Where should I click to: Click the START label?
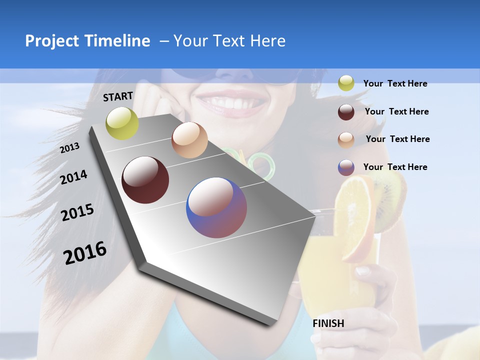[x=118, y=96]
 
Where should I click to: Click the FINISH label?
[x=328, y=323]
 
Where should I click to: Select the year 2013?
[x=69, y=148]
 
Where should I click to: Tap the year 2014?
[x=73, y=177]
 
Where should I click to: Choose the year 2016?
[x=85, y=253]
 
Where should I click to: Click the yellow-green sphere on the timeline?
[x=122, y=123]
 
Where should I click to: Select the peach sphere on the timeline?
[x=189, y=140]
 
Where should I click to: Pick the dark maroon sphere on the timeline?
[x=145, y=180]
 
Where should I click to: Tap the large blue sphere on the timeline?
[x=216, y=207]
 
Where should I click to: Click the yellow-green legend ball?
[x=346, y=83]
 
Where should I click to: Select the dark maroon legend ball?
[x=346, y=111]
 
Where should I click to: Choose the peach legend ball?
[x=346, y=139]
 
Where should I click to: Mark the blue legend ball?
[x=346, y=167]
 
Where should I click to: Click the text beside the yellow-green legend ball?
[x=395, y=83]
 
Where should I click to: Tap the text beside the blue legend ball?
[x=395, y=167]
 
